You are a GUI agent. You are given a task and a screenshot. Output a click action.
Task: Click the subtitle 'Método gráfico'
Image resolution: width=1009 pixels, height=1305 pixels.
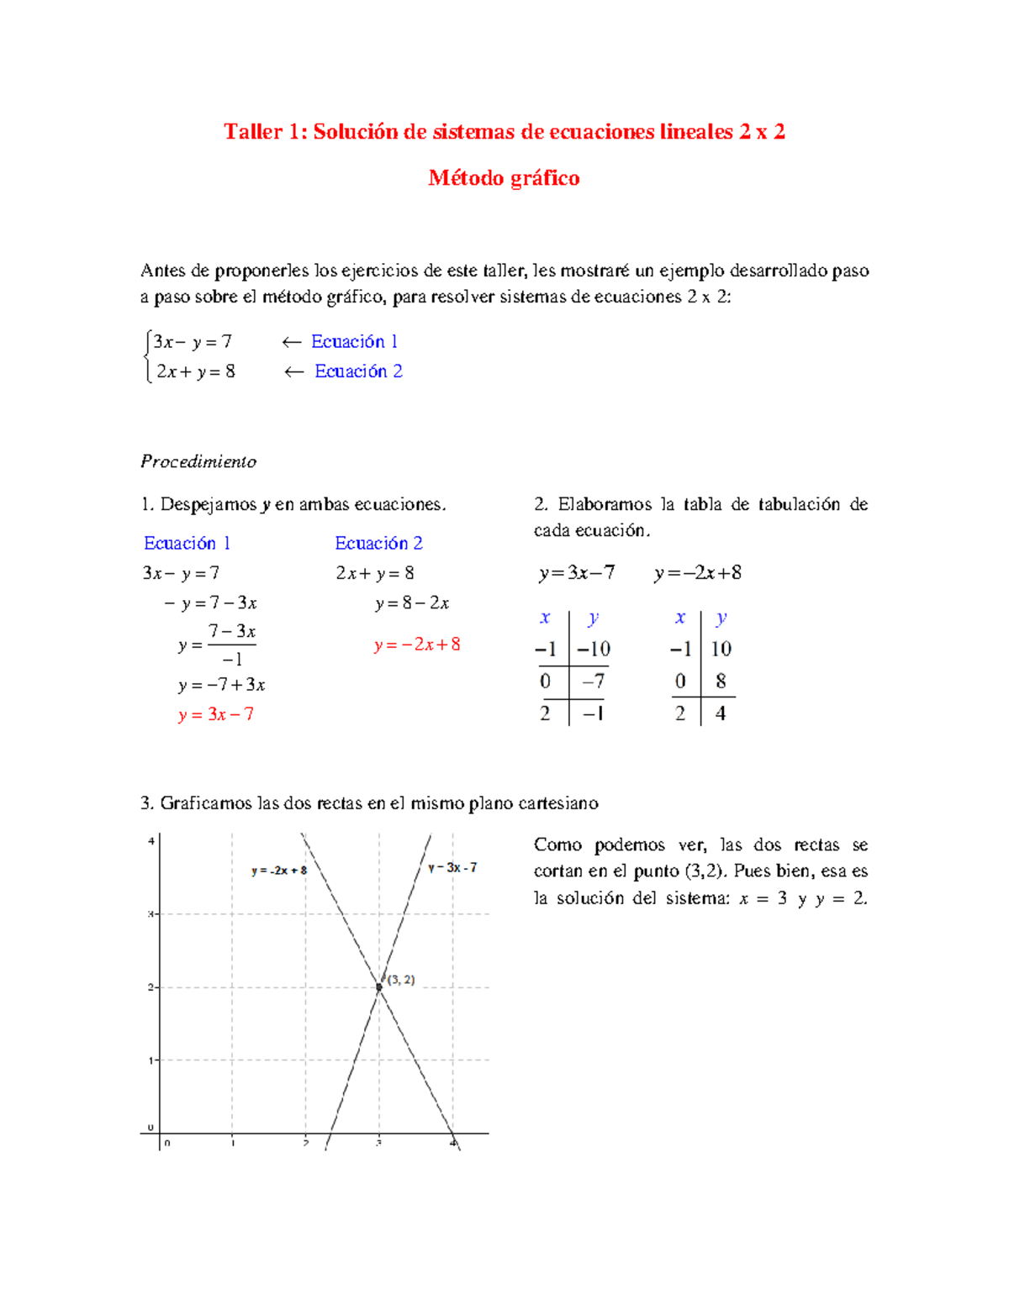(x=504, y=178)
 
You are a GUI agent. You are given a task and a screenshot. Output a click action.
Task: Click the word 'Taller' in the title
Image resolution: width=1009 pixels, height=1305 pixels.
(x=253, y=132)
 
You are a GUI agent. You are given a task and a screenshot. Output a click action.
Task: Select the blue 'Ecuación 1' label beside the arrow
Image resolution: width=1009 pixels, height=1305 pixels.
(x=354, y=341)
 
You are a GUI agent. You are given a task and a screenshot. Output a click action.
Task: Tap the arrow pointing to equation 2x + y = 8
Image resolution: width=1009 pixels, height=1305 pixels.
(x=293, y=371)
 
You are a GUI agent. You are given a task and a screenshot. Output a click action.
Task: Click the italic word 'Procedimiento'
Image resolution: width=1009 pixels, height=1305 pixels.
(x=198, y=461)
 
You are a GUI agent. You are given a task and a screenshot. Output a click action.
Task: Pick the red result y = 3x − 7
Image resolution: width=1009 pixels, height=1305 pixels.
(x=216, y=714)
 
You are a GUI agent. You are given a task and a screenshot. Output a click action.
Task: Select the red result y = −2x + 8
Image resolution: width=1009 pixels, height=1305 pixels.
(x=417, y=645)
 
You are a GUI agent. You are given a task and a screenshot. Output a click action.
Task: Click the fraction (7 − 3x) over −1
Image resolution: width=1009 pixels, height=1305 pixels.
(x=232, y=645)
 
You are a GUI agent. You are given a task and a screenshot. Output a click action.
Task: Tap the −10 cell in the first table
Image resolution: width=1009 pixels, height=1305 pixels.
(x=594, y=649)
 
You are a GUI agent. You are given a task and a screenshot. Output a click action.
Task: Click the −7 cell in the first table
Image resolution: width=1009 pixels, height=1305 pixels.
(x=594, y=681)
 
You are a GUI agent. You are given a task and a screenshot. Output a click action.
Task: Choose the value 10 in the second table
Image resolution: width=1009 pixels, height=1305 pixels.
(x=721, y=649)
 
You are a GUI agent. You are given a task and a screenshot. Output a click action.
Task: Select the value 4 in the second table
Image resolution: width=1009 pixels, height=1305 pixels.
(x=721, y=713)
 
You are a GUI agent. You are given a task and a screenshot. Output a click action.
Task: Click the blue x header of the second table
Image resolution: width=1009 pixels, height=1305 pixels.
(x=680, y=618)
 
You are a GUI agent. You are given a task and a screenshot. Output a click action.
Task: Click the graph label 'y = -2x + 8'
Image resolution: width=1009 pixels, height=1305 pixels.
(x=279, y=871)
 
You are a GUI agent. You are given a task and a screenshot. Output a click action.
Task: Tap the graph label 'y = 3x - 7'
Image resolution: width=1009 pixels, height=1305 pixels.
(x=452, y=867)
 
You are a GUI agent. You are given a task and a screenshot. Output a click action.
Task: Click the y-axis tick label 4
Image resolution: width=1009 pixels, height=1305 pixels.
(x=151, y=841)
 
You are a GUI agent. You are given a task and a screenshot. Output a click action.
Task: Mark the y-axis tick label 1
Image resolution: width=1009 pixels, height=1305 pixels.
(x=151, y=1060)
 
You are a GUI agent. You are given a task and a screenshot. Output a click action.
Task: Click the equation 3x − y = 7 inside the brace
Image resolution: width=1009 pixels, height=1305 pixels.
(x=193, y=342)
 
